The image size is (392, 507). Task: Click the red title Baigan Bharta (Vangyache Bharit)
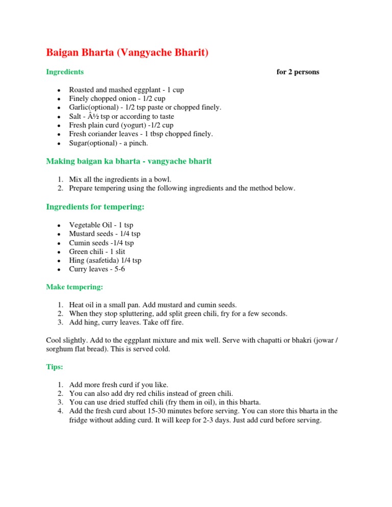(x=127, y=53)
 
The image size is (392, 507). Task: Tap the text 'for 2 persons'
(x=298, y=72)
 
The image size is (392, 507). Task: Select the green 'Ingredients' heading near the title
(x=65, y=72)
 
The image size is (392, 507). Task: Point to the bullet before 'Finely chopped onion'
(x=59, y=99)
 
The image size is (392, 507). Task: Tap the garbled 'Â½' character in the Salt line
(x=94, y=116)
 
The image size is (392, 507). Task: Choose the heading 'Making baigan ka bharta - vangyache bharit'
(x=129, y=161)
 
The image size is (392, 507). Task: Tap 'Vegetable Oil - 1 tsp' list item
(x=101, y=225)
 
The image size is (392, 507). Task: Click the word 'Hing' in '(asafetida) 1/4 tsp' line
(x=77, y=260)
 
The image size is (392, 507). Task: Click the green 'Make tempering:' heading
(x=75, y=287)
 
